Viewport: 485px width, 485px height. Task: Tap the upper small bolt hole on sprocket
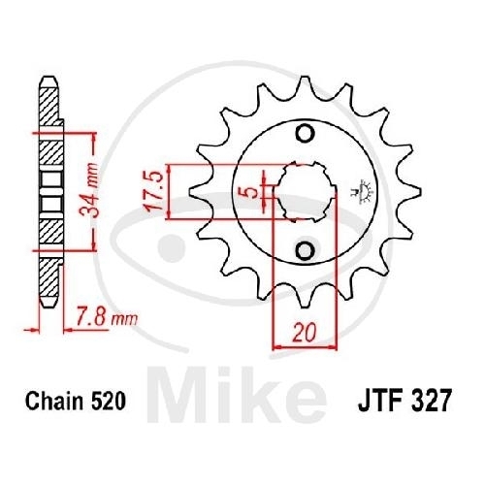coord(305,133)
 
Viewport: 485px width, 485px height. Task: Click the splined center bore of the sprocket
coord(305,192)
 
